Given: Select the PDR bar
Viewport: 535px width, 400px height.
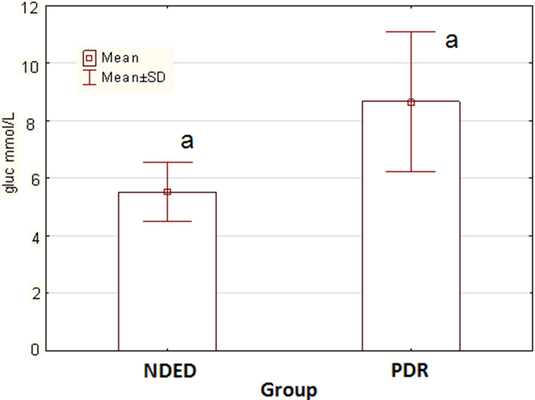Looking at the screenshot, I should pyautogui.click(x=410, y=259).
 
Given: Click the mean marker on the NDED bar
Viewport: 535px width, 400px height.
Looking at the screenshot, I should pyautogui.click(x=167, y=192).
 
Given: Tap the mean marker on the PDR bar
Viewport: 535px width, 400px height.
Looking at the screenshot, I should pyautogui.click(x=410, y=102).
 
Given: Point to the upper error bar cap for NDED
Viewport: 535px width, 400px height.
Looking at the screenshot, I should pyautogui.click(x=167, y=162).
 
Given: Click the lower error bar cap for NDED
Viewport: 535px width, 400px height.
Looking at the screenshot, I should pyautogui.click(x=167, y=221).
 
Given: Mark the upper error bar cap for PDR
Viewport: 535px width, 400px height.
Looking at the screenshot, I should pyautogui.click(x=410, y=32).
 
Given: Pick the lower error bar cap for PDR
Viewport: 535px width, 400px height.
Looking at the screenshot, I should pyautogui.click(x=410, y=171).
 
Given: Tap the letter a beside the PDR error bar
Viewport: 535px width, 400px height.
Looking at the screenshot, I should pyautogui.click(x=451, y=40).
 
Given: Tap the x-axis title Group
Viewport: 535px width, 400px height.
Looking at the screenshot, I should pyautogui.click(x=289, y=390).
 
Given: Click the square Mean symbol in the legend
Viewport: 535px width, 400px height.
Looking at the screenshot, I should pyautogui.click(x=89, y=58).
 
